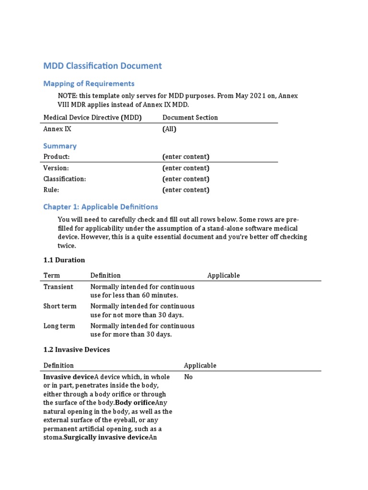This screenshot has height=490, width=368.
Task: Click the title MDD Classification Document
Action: (x=103, y=66)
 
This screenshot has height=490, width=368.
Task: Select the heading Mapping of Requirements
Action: (x=89, y=84)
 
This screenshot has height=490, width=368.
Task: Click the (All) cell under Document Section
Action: (x=170, y=129)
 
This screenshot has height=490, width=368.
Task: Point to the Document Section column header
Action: (x=190, y=118)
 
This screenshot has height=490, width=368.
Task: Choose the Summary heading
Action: (x=60, y=146)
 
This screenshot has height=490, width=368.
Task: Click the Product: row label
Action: (x=57, y=157)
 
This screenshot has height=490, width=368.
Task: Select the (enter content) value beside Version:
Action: (x=185, y=168)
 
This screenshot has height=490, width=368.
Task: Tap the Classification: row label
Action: (x=65, y=179)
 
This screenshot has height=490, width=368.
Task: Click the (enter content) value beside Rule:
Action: (x=185, y=190)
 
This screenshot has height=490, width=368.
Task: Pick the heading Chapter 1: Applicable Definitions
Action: (x=101, y=207)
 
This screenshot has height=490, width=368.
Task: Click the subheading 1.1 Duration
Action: (x=64, y=260)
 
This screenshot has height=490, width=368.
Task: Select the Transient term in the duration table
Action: (x=58, y=287)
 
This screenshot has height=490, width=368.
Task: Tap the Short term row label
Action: (x=59, y=306)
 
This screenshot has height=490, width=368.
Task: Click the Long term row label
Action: (x=59, y=326)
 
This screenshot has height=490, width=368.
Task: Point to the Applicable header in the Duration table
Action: (x=223, y=276)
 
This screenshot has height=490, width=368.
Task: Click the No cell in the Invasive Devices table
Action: (x=188, y=377)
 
